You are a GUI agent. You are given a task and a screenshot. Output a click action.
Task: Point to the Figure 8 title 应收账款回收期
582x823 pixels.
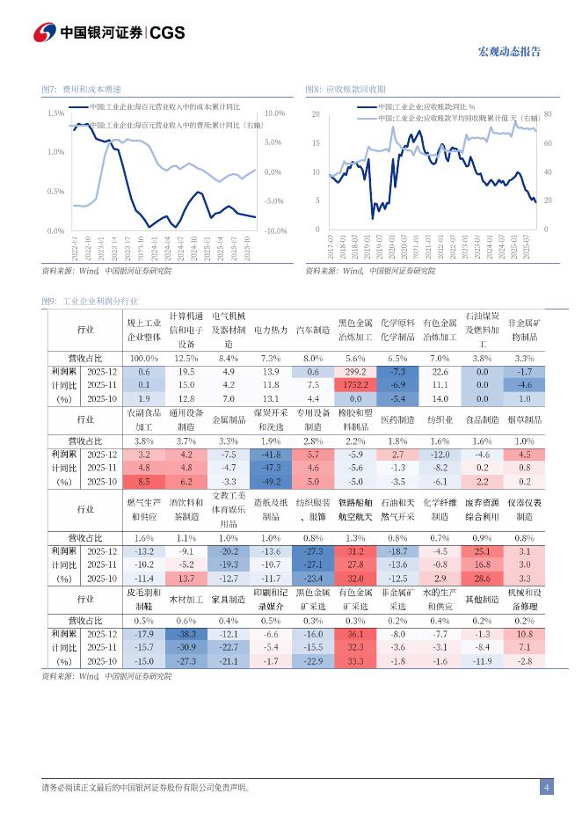[355, 90]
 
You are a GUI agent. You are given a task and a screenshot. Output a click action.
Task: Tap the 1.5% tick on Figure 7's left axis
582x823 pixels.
[55, 113]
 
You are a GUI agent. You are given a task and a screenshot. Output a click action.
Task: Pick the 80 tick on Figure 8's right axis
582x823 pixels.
[547, 114]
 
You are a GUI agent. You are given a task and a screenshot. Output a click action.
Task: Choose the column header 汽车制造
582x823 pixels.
[313, 331]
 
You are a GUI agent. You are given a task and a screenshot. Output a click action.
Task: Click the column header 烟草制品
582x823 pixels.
[524, 420]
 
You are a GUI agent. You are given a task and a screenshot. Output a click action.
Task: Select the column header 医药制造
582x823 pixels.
[397, 420]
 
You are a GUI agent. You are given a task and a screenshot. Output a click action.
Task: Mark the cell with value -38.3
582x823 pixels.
[185, 634]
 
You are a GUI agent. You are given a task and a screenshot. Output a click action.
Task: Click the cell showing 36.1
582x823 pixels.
[355, 634]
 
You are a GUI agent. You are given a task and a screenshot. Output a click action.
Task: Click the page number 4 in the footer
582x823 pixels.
[546, 787]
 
